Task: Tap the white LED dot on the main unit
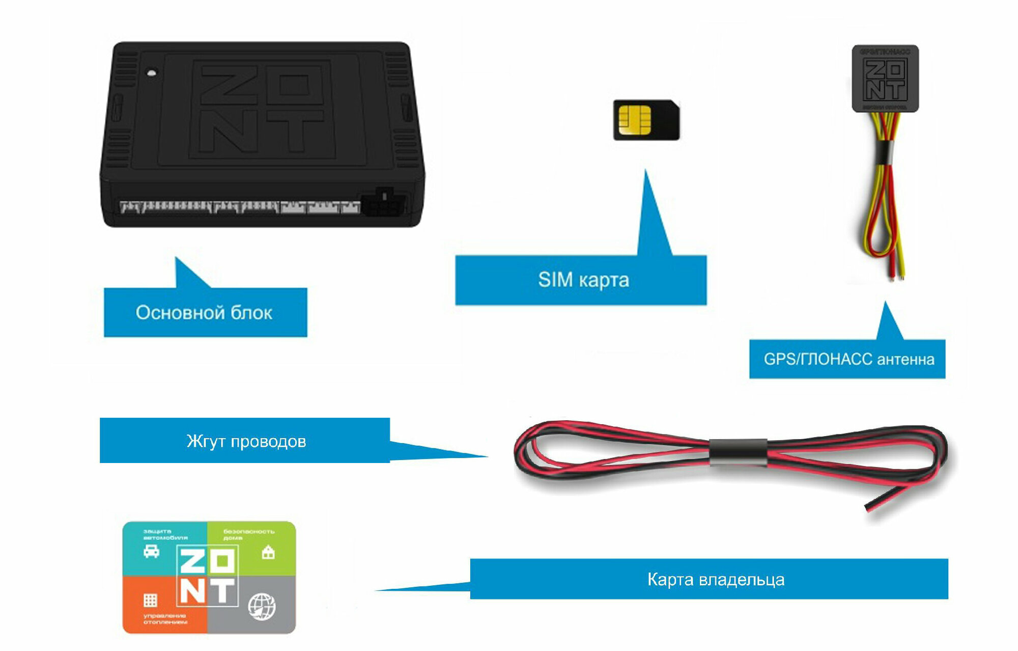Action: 151,72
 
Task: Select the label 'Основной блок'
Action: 204,312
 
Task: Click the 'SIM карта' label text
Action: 583,280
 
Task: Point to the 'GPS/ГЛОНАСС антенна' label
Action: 849,359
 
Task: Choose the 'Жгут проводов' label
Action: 246,441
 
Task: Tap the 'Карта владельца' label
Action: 715,579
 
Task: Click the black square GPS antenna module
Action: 885,78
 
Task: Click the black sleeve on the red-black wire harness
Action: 738,451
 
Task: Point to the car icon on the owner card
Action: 151,552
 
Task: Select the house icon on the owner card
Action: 268,552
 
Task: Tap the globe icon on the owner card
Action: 262,606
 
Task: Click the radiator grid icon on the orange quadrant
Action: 150,600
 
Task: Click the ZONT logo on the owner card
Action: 207,576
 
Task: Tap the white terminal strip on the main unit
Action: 239,206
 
